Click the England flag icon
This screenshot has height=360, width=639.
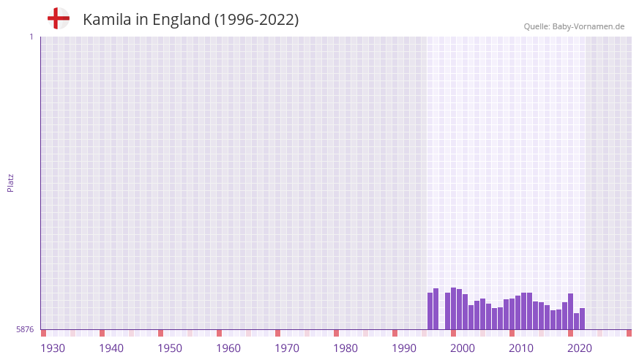[59, 18]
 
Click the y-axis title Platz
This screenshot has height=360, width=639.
[10, 183]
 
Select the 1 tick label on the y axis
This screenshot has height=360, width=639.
[31, 37]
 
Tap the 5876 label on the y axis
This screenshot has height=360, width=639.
[25, 330]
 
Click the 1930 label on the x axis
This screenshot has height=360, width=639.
[53, 348]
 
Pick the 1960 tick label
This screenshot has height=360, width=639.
[228, 348]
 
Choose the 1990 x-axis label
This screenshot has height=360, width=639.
[404, 348]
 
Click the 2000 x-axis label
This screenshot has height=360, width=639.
[463, 348]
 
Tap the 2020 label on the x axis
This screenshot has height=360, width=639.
[580, 348]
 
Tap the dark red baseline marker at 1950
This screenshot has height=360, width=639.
[161, 333]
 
